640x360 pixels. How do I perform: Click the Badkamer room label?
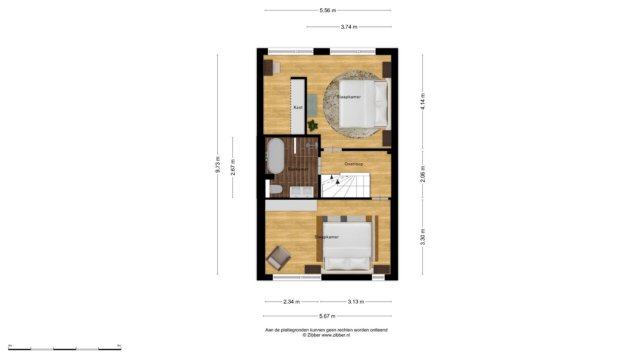pyautogui.click(x=298, y=169)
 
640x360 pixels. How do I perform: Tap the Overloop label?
pyautogui.click(x=354, y=164)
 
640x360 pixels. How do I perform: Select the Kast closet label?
pyautogui.click(x=298, y=107)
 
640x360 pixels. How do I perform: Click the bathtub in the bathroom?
pyautogui.click(x=276, y=156)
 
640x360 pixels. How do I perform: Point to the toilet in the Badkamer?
pyautogui.click(x=275, y=189)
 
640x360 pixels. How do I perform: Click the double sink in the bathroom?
pyautogui.click(x=301, y=192)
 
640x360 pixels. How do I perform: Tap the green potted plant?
pyautogui.click(x=313, y=125)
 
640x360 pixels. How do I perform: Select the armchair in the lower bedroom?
pyautogui.click(x=278, y=258)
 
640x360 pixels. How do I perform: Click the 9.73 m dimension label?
pyautogui.click(x=218, y=165)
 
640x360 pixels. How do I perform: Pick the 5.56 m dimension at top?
pyautogui.click(x=328, y=10)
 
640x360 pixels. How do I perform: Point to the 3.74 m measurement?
pyautogui.click(x=349, y=27)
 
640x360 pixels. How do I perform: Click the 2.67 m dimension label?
pyautogui.click(x=233, y=167)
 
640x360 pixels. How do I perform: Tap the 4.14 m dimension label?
pyautogui.click(x=423, y=102)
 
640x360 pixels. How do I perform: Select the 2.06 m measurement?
pyautogui.click(x=423, y=174)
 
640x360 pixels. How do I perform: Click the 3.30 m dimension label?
pyautogui.click(x=423, y=237)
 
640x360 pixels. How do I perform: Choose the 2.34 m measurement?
pyautogui.click(x=292, y=302)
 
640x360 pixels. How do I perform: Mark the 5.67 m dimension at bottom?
pyautogui.click(x=327, y=316)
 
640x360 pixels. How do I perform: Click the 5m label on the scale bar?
pyautogui.click(x=119, y=346)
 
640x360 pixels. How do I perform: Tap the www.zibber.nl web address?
pyautogui.click(x=336, y=335)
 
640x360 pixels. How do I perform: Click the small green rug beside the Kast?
pyautogui.click(x=312, y=105)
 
